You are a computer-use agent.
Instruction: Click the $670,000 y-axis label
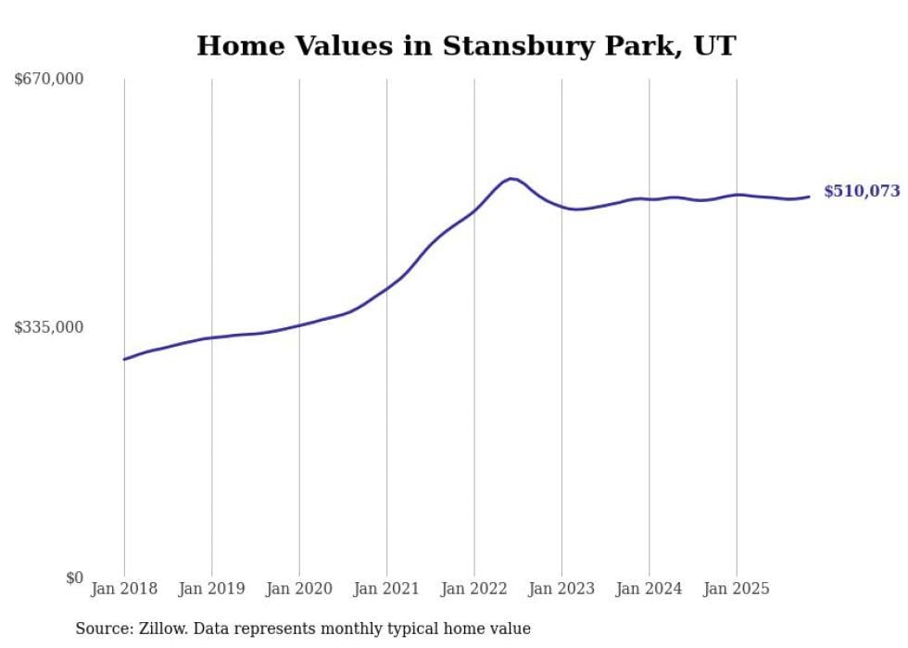49,80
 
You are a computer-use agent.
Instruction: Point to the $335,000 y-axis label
49,327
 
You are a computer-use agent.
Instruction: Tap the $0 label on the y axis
73,578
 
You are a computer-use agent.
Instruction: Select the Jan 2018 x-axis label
124,589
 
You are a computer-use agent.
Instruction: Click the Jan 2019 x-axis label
211,589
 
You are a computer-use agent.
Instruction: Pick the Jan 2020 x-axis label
299,589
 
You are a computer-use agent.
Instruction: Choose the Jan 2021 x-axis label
386,589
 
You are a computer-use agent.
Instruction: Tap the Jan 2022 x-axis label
474,589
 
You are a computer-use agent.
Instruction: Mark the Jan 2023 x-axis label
561,589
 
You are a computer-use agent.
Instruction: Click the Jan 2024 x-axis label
649,589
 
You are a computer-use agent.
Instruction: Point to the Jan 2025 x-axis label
737,589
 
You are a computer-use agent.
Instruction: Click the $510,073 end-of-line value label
861,192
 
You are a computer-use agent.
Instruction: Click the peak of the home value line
511,178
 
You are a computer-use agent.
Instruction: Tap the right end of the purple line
809,196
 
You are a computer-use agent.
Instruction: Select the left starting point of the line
124,359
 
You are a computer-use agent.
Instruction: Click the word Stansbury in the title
509,45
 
